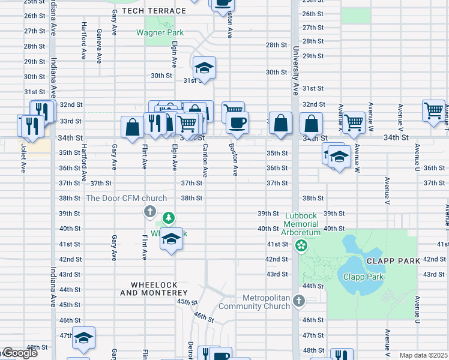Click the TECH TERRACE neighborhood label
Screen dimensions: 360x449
click(154, 11)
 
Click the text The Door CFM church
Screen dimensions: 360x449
click(126, 198)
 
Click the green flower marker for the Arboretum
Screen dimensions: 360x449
click(300, 245)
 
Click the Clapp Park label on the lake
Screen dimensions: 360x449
click(363, 277)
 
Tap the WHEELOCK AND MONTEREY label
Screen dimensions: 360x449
click(154, 288)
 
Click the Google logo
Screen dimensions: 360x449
click(19, 353)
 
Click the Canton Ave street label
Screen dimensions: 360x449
click(205, 160)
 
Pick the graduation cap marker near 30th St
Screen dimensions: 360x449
click(204, 68)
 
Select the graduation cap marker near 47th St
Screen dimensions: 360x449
click(83, 338)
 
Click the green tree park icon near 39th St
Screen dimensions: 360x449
click(169, 217)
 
